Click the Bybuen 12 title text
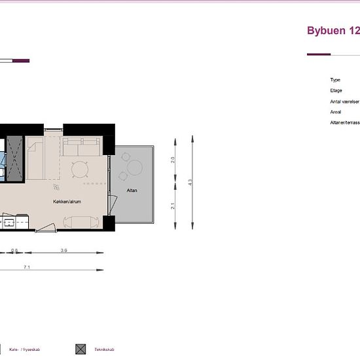(x=333, y=31)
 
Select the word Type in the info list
(x=335, y=80)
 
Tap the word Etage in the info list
(x=336, y=90)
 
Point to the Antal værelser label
(x=344, y=101)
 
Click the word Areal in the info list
(x=336, y=112)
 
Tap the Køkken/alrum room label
(x=67, y=202)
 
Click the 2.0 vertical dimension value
(x=173, y=159)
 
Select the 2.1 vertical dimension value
(x=173, y=206)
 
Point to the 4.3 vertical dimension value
(x=190, y=183)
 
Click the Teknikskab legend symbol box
(x=81, y=349)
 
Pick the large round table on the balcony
(x=135, y=168)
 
